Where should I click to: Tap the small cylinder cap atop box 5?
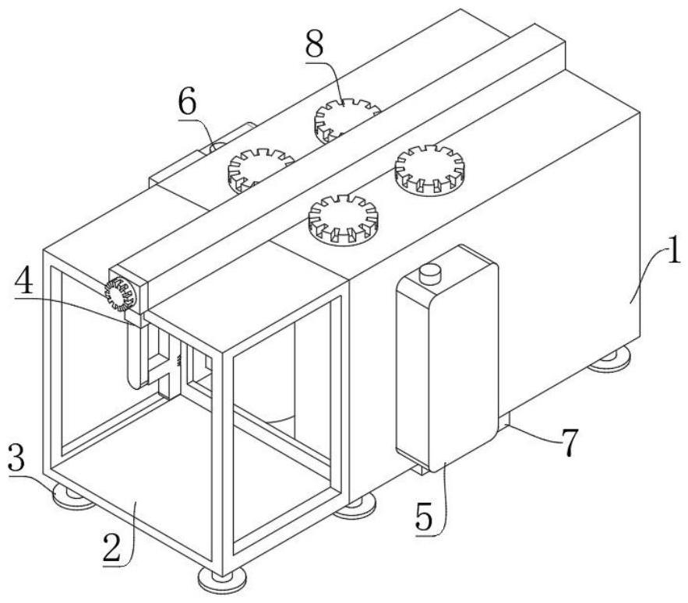coord(429,273)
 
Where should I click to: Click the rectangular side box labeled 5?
coord(446,362)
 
